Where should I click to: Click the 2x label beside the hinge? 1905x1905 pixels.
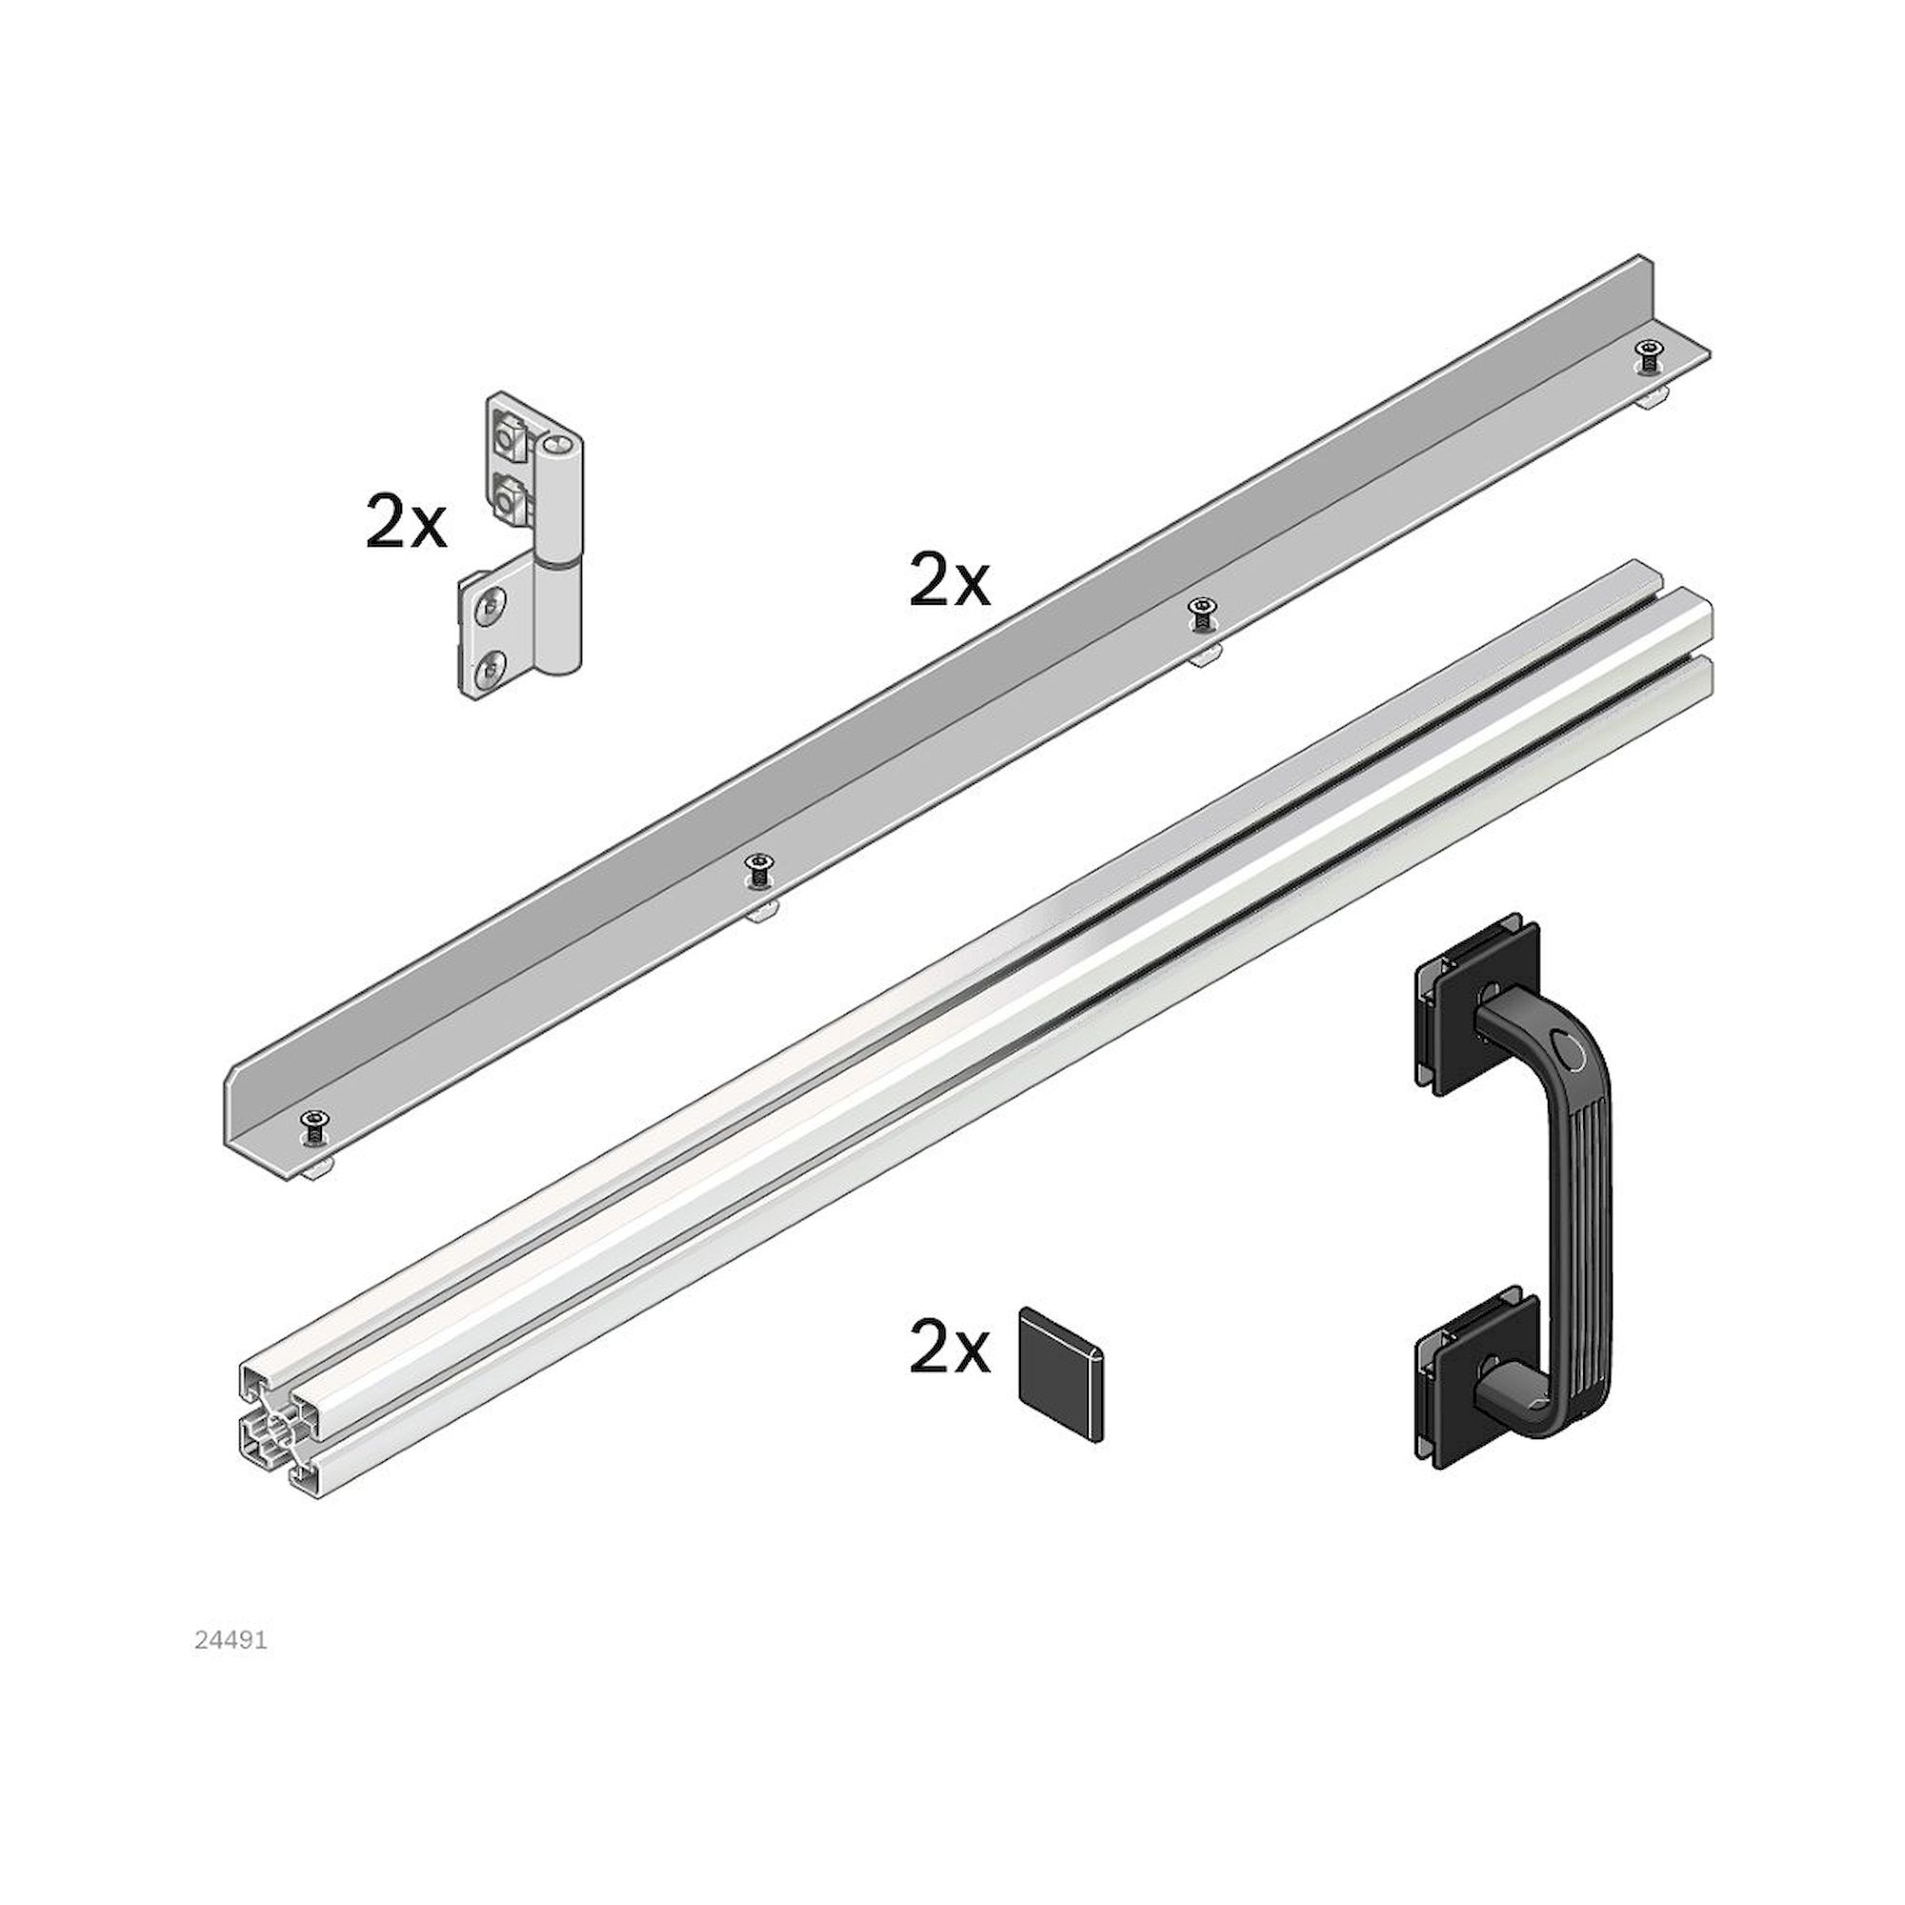coord(405,523)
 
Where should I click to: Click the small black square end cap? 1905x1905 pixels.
coord(1061,1374)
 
